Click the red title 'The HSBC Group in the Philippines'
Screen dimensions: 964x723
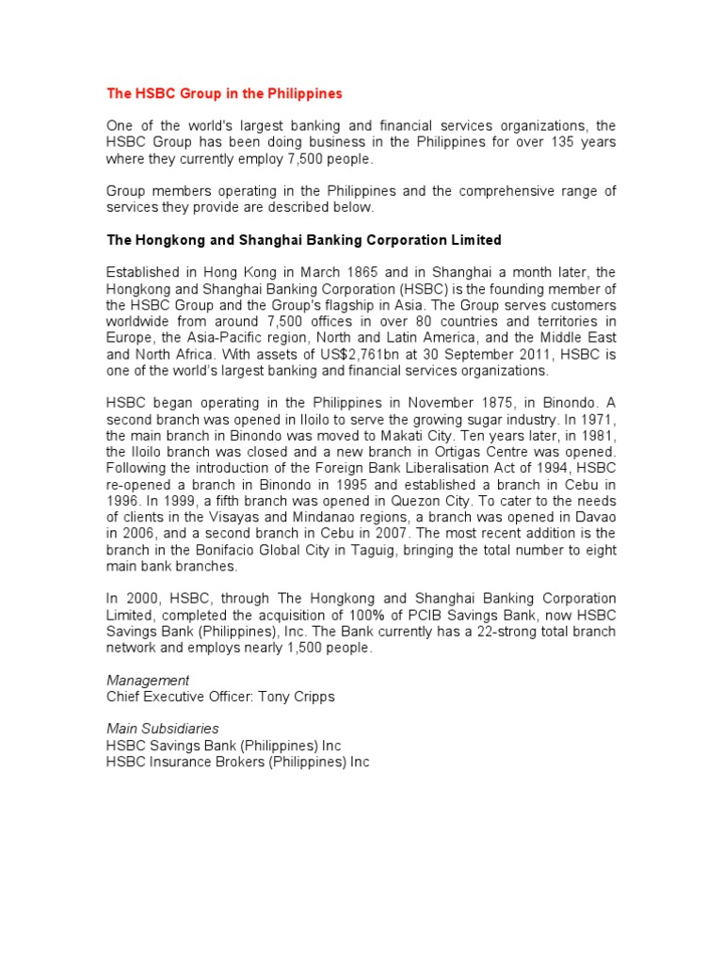point(224,94)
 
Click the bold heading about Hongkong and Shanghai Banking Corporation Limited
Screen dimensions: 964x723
point(304,240)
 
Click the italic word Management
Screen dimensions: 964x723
point(148,680)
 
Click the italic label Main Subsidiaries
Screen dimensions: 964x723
point(163,729)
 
